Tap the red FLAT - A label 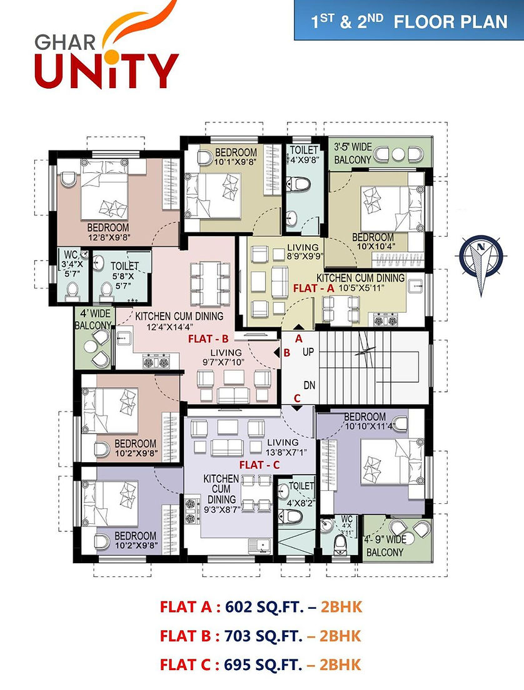(314, 288)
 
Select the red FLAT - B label (208, 339)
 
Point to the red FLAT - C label (259, 465)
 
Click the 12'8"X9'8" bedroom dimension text (108, 238)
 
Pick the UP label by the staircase (308, 352)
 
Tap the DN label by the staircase (310, 385)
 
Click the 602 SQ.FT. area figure (265, 607)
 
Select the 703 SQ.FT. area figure (263, 636)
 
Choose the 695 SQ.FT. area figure (263, 664)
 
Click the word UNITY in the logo (107, 70)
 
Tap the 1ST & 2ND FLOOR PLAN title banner (409, 20)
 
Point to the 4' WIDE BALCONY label (93, 320)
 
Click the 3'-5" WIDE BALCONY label (353, 153)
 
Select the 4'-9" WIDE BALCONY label (385, 546)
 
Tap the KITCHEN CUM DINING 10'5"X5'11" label (361, 283)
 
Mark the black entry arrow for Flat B (276, 353)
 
